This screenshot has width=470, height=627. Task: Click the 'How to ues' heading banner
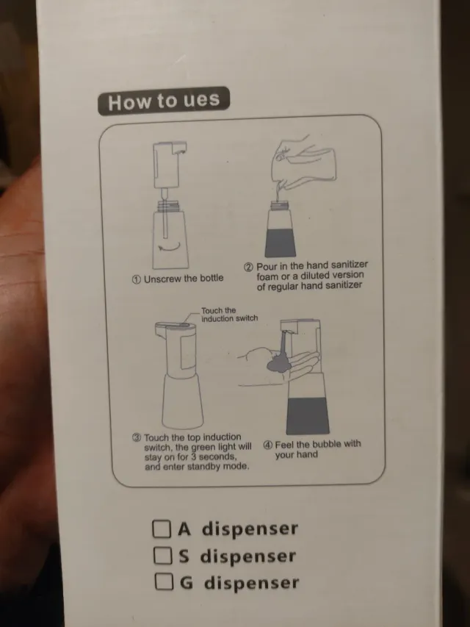(163, 101)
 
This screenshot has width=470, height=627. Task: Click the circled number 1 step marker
(136, 279)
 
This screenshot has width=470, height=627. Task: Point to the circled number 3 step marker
(137, 437)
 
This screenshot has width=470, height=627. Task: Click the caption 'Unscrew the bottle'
(183, 279)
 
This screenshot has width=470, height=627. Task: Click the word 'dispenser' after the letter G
(251, 583)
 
